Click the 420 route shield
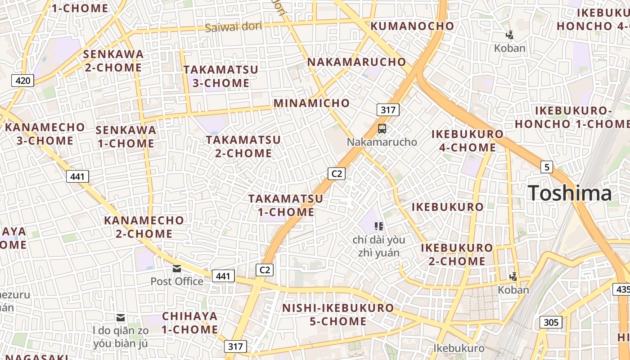click(x=22, y=81)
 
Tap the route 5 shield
click(x=546, y=167)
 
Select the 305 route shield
click(x=551, y=322)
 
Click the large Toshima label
click(x=570, y=193)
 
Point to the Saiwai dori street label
click(x=233, y=27)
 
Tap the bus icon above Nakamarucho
click(x=382, y=129)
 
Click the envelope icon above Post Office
click(x=177, y=269)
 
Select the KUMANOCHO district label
click(x=412, y=26)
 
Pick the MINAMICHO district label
click(x=311, y=103)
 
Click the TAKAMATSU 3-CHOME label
click(x=221, y=76)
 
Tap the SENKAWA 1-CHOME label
click(x=126, y=137)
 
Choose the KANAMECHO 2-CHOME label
click(x=144, y=227)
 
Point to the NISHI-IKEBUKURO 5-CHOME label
click(x=338, y=315)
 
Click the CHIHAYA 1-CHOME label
click(x=190, y=323)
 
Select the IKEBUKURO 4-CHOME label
click(x=468, y=141)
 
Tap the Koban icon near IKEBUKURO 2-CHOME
click(x=513, y=276)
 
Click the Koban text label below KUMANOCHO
click(x=510, y=48)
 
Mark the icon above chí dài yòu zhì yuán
click(x=378, y=226)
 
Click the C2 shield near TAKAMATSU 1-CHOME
click(x=336, y=173)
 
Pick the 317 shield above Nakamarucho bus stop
click(x=388, y=110)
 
